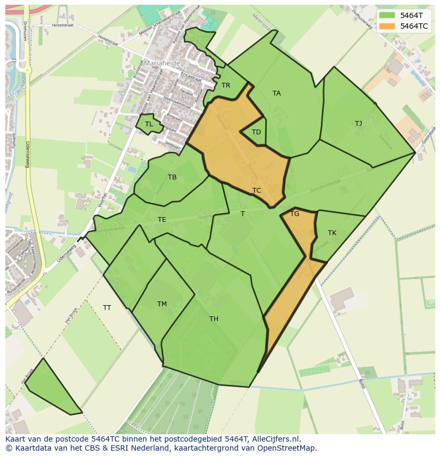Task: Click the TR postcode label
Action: click(226, 85)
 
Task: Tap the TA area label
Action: click(276, 93)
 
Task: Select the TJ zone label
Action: click(358, 124)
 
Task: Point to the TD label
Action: click(256, 132)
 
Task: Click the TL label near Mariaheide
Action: click(149, 124)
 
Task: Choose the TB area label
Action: click(172, 177)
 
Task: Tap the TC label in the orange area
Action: click(257, 191)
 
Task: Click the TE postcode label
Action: click(162, 220)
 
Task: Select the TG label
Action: click(295, 214)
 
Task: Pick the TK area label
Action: click(332, 233)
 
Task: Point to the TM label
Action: click(162, 304)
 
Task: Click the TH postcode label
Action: click(214, 319)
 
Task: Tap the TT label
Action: click(107, 308)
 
